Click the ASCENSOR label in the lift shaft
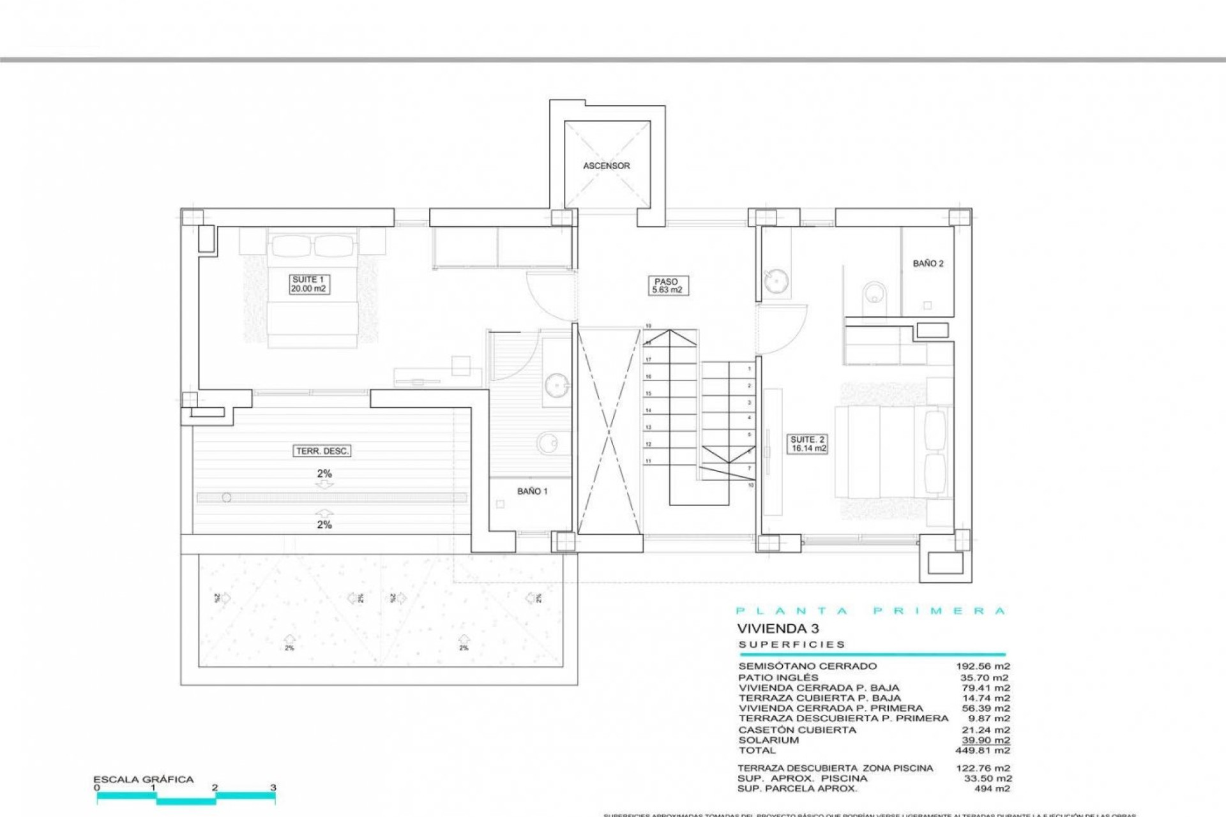pos(606,166)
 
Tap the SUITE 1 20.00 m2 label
pos(308,284)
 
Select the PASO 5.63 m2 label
pos(666,285)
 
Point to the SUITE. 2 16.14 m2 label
pos(808,444)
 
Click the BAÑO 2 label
pos(928,264)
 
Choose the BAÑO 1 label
pos(532,491)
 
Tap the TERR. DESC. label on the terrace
pos(322,451)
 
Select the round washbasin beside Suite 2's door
pos(775,280)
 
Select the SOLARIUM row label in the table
pos(768,740)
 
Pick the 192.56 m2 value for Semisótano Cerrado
pos(983,666)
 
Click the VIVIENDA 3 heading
pos(778,629)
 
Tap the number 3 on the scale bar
pos(273,788)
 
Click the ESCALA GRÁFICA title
pos(143,779)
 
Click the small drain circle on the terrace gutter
pos(226,498)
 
